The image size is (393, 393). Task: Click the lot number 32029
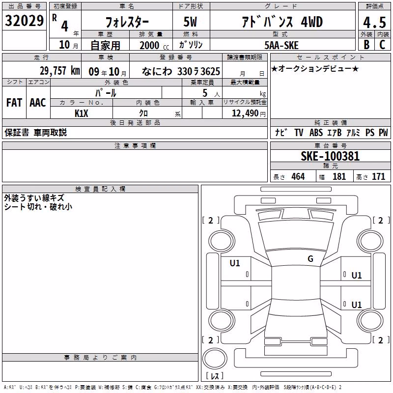[x=24, y=21]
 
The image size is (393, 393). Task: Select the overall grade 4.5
[x=374, y=22]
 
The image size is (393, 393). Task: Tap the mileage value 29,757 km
[x=60, y=71]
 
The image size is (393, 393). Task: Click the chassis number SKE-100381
[x=330, y=156]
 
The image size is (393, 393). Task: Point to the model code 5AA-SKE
[x=281, y=45]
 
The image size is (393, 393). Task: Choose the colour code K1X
[x=82, y=113]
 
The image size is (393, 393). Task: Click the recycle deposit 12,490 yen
[x=249, y=113]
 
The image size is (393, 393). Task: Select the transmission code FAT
[x=14, y=103]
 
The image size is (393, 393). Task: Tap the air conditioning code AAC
[x=38, y=103]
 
